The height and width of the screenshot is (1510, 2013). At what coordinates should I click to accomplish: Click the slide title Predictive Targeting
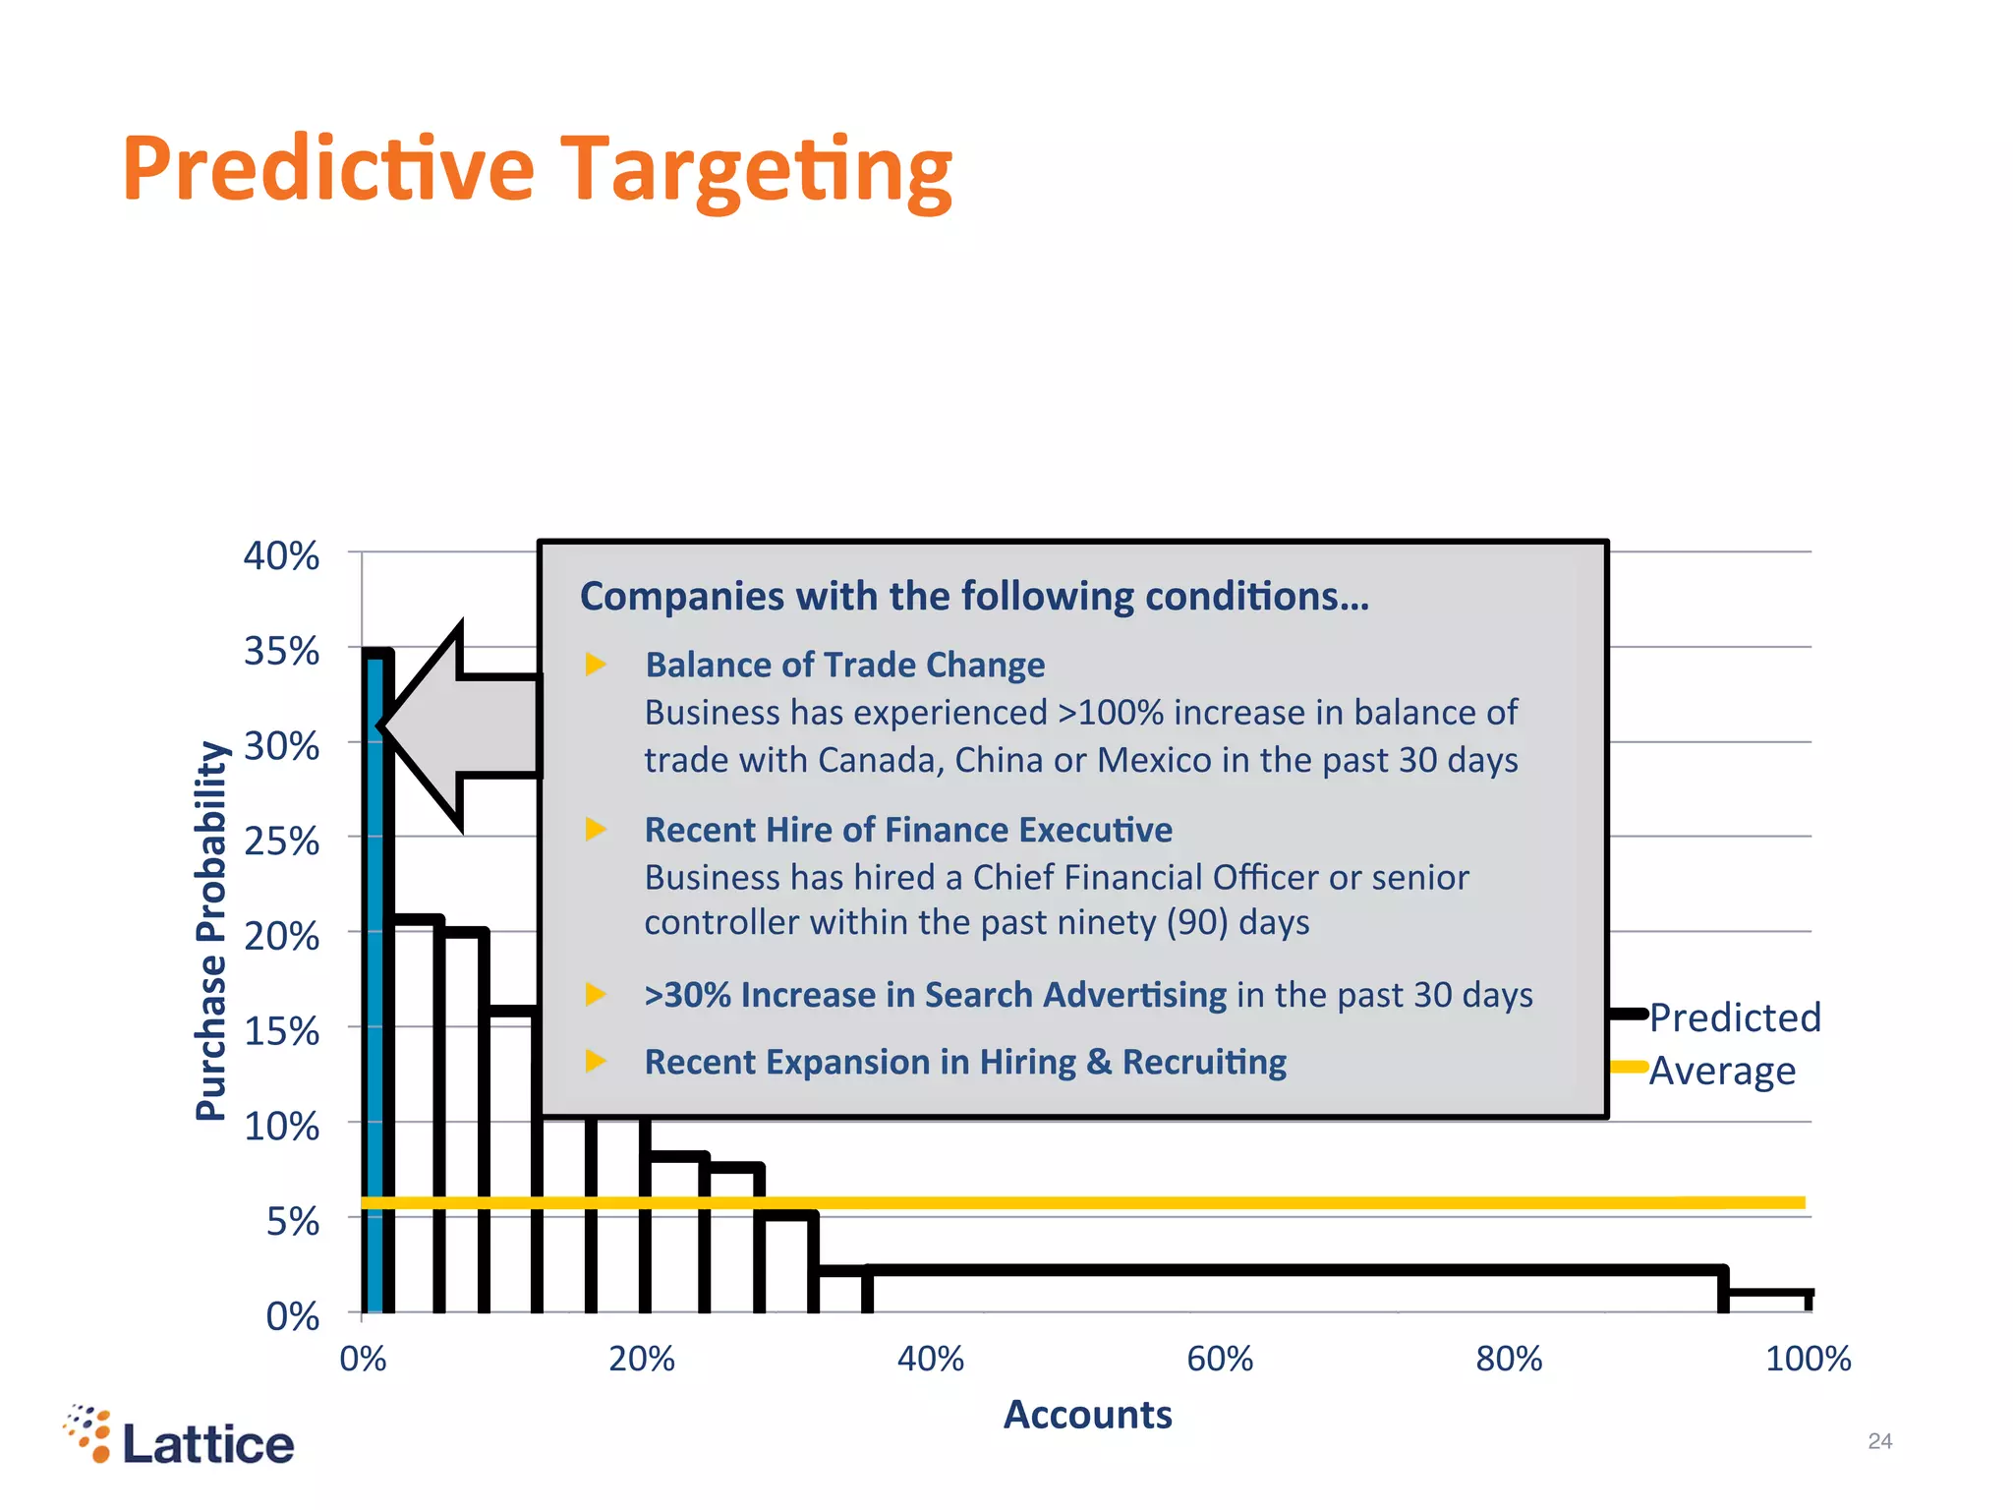coord(537,169)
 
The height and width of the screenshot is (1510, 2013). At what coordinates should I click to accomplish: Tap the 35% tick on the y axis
coord(282,651)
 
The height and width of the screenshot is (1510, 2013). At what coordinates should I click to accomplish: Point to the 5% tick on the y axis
coord(293,1221)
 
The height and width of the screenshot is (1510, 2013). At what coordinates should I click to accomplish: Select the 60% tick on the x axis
coord(1220,1359)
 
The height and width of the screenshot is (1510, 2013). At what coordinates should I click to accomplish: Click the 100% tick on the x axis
coord(1808,1359)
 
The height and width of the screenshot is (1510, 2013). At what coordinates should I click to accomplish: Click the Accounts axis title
coord(1087,1415)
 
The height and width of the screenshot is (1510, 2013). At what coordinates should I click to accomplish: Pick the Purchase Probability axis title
coord(211,930)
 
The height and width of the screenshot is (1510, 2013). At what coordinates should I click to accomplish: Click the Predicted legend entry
coord(1734,1017)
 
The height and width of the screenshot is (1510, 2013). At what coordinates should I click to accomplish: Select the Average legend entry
coord(1721,1071)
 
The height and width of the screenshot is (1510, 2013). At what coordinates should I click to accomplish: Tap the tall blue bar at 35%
coord(374,983)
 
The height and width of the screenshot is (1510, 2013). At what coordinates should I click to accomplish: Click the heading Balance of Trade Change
coord(844,666)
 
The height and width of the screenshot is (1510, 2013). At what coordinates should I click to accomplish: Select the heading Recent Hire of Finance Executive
coord(908,831)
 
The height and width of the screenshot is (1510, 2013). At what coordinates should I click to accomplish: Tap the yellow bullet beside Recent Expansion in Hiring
coord(596,1061)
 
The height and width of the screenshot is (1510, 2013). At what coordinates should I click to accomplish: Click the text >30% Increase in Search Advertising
coord(935,995)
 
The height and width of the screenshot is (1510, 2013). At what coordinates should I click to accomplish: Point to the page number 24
coord(1879,1441)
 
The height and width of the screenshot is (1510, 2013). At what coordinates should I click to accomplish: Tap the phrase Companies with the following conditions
coord(974,597)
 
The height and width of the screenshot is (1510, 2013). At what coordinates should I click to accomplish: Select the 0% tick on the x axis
coord(363,1359)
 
